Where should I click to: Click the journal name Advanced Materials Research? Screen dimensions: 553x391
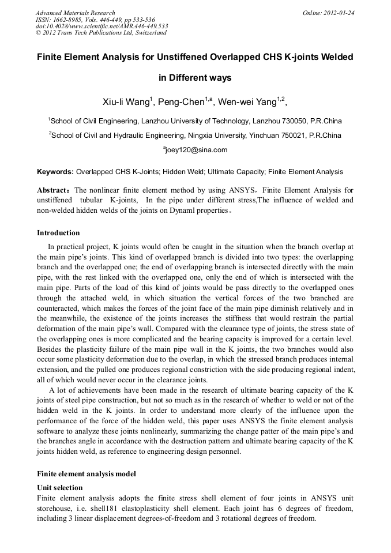point(75,13)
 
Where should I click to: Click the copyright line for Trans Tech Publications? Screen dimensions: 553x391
point(101,33)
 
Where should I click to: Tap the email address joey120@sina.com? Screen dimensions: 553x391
point(197,150)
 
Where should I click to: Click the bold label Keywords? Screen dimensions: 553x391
point(55,172)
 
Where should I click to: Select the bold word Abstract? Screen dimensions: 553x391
point(53,190)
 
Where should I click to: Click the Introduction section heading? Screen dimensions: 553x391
point(58,234)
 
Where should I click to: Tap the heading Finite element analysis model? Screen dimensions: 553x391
point(87,474)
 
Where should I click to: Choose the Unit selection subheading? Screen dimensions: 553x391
point(60,488)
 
